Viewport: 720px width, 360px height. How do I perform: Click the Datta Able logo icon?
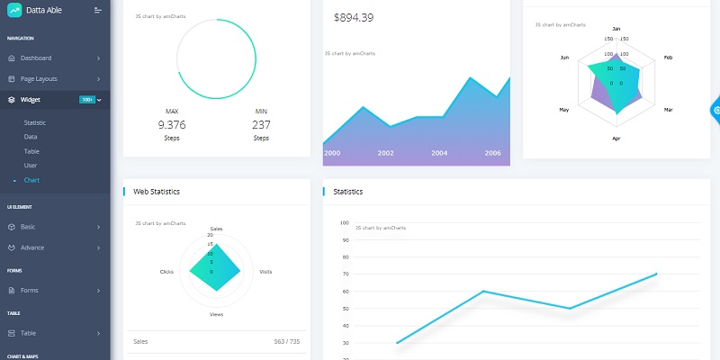14,10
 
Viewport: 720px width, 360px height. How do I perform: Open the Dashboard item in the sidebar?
41,58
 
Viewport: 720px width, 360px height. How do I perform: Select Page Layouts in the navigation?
45,79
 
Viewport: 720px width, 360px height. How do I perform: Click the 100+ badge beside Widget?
86,100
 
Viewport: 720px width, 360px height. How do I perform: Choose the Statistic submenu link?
34,122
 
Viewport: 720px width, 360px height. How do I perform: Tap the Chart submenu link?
31,180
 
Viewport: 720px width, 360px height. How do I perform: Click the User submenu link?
31,166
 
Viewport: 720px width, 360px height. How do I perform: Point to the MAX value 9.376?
171,125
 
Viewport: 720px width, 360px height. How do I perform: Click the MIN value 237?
261,125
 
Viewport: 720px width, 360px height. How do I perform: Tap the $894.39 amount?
353,18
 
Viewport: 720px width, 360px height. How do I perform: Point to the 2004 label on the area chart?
439,153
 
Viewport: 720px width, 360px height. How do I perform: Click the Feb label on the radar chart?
669,58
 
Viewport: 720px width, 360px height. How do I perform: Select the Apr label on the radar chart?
616,139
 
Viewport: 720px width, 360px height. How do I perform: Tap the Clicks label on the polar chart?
166,271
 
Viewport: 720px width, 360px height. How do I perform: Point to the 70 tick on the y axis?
345,274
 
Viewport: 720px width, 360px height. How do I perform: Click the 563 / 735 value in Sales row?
286,342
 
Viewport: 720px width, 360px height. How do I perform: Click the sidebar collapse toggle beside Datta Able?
98,10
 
